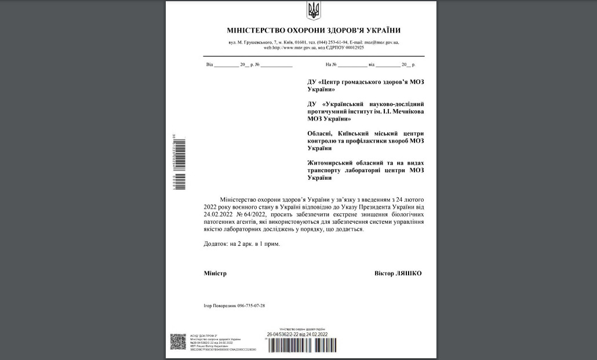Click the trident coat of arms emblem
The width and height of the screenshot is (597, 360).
click(313, 10)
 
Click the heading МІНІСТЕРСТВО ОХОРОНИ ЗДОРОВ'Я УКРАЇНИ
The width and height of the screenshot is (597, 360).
click(314, 31)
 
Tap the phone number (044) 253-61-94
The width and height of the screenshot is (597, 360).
click(332, 42)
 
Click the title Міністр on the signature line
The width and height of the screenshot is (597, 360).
click(215, 273)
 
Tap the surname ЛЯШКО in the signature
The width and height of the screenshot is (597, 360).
click(409, 273)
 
